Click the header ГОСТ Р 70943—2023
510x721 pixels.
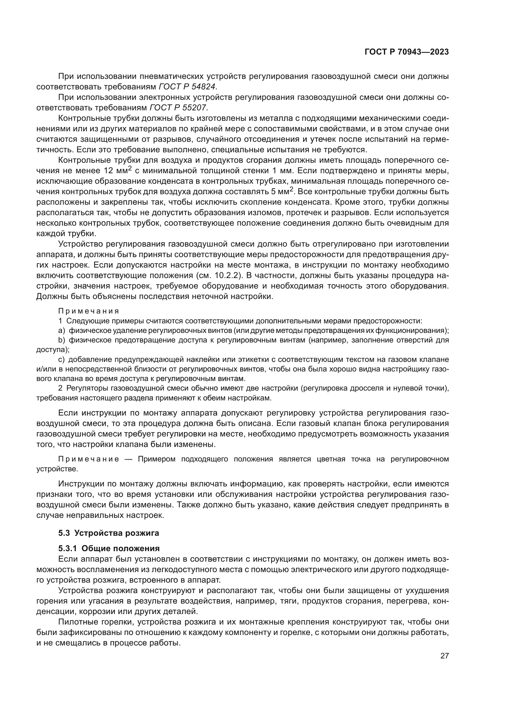[407, 52]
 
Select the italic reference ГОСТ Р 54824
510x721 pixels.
[187, 87]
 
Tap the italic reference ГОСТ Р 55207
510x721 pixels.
[178, 108]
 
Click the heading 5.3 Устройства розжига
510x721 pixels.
[109, 533]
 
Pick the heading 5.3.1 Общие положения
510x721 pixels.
[109, 548]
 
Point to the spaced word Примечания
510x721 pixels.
[88, 311]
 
